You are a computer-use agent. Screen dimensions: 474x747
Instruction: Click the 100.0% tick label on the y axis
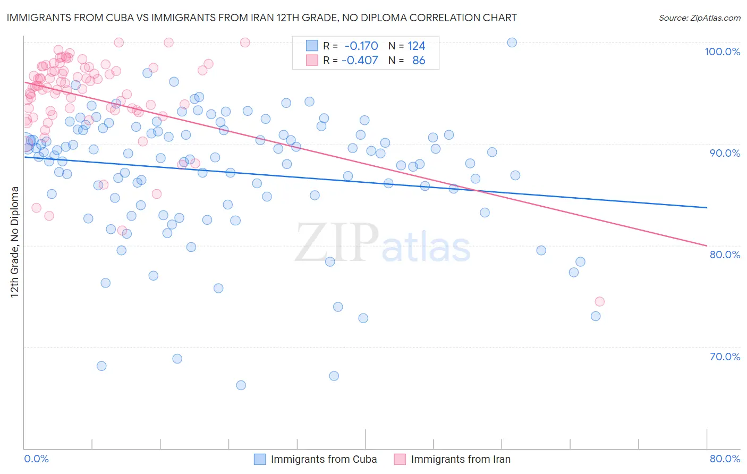722,52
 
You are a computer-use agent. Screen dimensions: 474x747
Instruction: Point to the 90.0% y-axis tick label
725,153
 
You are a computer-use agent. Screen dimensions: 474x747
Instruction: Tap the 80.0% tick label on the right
725,255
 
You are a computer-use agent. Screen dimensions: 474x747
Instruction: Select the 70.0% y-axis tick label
725,357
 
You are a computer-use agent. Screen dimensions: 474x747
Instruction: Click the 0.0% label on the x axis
36,459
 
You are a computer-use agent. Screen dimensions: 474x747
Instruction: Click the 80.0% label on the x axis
725,459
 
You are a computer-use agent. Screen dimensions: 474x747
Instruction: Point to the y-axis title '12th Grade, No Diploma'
15,242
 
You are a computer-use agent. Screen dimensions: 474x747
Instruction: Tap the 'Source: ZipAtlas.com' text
699,18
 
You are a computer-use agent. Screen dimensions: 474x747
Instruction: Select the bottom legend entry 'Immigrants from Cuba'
324,459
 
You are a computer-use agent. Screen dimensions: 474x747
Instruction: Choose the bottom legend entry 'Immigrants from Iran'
461,459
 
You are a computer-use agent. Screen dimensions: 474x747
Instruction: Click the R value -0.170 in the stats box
361,46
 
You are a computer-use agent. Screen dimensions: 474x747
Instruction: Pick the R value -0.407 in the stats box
360,60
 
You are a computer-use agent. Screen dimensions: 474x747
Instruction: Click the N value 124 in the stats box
416,46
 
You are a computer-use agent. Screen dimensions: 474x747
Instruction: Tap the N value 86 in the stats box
419,60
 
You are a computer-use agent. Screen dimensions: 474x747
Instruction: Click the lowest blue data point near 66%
241,385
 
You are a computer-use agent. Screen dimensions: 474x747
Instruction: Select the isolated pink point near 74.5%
599,301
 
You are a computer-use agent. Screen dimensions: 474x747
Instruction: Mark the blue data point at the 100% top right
512,43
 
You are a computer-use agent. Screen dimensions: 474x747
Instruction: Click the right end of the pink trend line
707,246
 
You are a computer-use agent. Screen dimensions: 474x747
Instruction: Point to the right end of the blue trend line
707,207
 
